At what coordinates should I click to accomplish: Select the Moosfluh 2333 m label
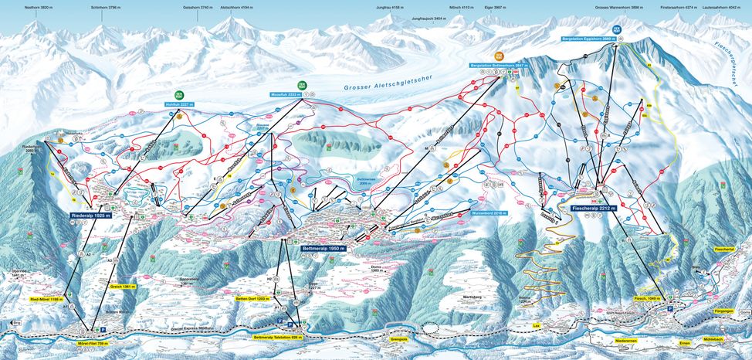point(284,94)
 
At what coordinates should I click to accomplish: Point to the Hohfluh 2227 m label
point(178,103)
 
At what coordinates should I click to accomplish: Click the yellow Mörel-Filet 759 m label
point(93,342)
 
